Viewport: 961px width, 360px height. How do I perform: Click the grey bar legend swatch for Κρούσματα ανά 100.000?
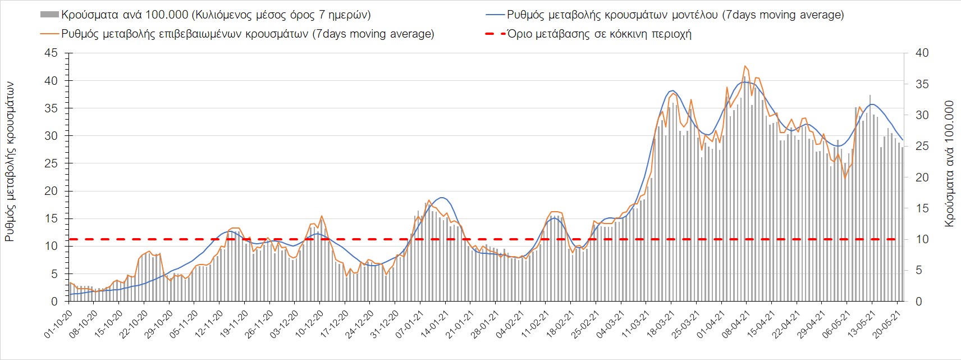[50, 15]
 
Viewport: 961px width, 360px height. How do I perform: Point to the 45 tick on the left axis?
[51, 53]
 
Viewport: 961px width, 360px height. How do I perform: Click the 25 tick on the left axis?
[51, 163]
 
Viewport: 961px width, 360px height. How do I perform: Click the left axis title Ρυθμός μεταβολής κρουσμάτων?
[10, 162]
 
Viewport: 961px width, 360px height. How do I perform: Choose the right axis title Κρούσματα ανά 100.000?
[949, 163]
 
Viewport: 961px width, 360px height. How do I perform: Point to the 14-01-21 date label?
[434, 325]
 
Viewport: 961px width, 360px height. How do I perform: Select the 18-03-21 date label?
[660, 325]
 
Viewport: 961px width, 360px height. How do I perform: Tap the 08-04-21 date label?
[735, 325]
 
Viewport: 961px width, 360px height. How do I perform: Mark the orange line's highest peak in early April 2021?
[745, 66]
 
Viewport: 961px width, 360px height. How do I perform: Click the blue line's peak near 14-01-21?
[442, 198]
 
